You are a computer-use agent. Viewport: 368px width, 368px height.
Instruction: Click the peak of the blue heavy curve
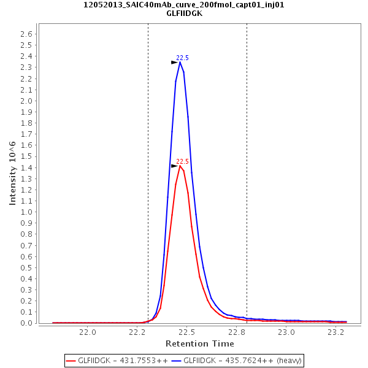pos(180,62)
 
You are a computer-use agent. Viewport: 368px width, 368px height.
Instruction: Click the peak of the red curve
pos(180,166)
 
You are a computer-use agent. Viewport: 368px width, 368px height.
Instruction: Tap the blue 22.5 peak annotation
pos(183,58)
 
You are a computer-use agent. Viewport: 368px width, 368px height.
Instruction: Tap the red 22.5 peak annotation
pos(183,162)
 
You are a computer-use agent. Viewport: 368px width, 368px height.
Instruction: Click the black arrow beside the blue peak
pos(174,63)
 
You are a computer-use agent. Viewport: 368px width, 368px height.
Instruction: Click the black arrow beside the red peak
pos(174,166)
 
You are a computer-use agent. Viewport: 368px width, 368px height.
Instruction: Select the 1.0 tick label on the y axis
pos(26,212)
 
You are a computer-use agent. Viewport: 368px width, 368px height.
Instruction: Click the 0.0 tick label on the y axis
pos(26,323)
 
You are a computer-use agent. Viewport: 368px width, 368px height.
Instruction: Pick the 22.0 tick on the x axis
pos(88,332)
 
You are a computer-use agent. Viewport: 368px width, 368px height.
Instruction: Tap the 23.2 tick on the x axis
pos(336,332)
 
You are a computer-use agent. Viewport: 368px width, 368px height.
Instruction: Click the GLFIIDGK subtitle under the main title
pos(184,13)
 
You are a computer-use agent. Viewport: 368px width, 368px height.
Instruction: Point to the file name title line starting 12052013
pos(184,4)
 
